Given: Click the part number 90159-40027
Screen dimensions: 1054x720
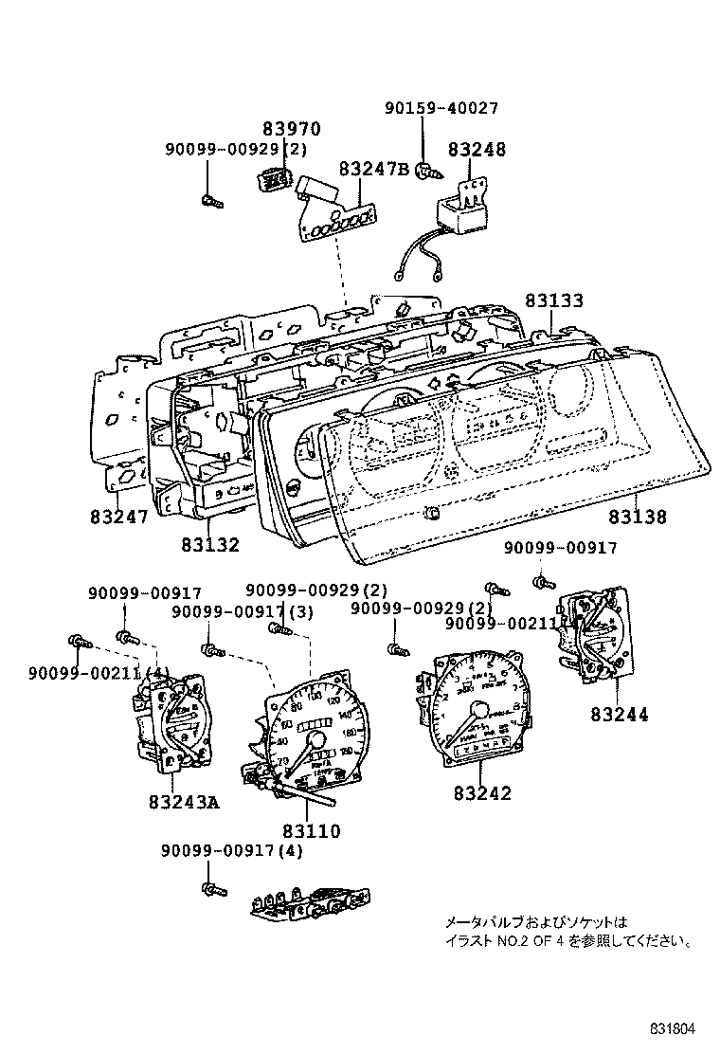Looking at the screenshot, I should point(441,109).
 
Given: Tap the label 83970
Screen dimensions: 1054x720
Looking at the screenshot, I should point(292,129).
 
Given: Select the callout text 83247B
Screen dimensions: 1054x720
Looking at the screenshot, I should point(373,169).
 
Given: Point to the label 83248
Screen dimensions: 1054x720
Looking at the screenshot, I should point(477,149).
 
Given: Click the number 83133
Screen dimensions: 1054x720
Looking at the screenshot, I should point(554,300).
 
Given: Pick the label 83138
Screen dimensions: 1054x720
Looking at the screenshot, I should point(637,518).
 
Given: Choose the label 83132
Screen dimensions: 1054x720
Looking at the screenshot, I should point(210,544).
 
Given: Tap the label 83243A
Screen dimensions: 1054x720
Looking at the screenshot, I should point(184,802).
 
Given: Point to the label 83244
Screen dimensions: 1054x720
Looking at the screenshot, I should point(620,715).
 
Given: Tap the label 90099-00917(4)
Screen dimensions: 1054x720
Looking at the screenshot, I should point(232,851).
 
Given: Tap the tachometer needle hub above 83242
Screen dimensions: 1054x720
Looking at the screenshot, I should point(479,710).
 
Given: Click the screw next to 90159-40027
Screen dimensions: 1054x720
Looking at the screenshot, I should point(428,172).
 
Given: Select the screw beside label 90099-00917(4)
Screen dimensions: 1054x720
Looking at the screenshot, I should point(211,889).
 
